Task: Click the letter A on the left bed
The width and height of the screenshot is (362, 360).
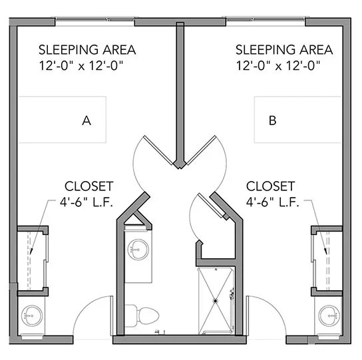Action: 87,120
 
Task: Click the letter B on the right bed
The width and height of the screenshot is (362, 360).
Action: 273,120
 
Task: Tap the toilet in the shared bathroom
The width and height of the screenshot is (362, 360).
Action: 142,315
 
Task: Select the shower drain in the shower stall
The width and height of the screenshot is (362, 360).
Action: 216,301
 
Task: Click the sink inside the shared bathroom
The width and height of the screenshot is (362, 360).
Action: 138,250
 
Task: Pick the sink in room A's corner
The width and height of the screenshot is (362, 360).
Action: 32,315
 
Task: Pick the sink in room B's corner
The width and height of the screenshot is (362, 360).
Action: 329,315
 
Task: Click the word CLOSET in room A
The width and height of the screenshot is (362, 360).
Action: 89,186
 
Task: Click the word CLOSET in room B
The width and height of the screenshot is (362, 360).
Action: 271,186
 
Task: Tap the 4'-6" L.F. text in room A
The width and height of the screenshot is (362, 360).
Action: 87,202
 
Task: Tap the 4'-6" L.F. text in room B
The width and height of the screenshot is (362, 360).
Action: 272,202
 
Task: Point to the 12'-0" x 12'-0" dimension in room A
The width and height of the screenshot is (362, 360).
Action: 81,66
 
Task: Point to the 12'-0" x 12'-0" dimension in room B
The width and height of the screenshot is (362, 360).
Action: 278,66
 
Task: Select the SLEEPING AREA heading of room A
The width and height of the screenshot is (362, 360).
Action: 87,50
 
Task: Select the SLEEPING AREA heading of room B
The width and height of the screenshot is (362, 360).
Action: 284,50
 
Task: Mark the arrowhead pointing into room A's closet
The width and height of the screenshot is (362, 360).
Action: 31,252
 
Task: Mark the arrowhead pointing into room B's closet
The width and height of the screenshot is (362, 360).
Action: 326,252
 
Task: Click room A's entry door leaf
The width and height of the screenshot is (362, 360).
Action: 112,315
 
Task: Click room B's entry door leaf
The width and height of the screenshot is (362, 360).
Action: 248,315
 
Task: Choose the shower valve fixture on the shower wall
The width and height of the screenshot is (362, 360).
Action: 232,293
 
